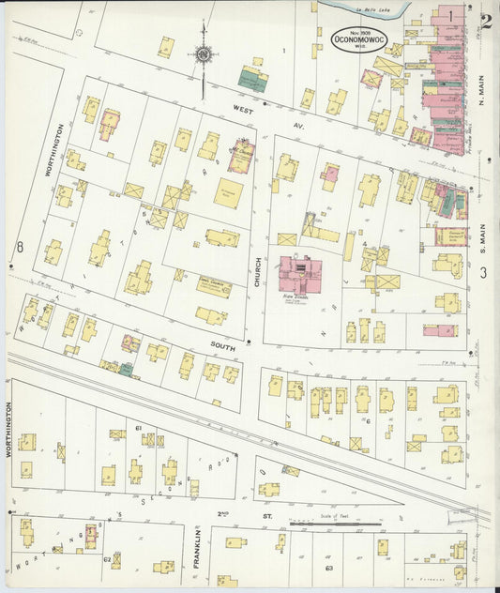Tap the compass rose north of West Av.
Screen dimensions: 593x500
[x=202, y=54]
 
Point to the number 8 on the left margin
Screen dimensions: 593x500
[x=18, y=248]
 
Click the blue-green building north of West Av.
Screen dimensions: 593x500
[x=252, y=79]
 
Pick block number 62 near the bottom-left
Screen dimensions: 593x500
[x=107, y=559]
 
